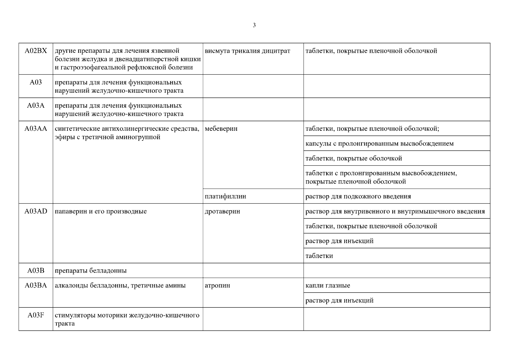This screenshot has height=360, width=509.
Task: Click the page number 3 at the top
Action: pos(254,25)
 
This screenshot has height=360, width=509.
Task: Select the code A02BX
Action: pos(36,51)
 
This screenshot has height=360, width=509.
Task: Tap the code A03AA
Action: pos(36,129)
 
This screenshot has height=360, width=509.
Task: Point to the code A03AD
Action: pos(36,211)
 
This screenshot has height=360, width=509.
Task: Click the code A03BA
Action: pos(36,285)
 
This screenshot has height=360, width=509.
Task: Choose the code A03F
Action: pos(36,315)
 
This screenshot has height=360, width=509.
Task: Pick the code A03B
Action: pos(36,271)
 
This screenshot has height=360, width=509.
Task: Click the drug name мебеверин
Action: pos(221,129)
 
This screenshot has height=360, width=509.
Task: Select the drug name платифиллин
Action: pos(225,196)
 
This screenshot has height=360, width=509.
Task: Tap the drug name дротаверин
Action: pos(222,211)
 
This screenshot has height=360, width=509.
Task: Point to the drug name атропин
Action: pos(217,285)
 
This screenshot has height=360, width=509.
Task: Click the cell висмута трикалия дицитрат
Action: pos(247,51)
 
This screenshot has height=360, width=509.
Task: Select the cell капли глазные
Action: pos(328,285)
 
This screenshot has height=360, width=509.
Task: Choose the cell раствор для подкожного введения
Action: pos(358,196)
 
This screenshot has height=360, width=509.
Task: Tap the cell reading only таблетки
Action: pos(319,256)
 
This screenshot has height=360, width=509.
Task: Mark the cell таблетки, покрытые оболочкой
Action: pos(354,158)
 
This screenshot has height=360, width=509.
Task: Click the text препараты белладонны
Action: pos(91,271)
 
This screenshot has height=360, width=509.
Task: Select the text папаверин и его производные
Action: pos(101,211)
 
